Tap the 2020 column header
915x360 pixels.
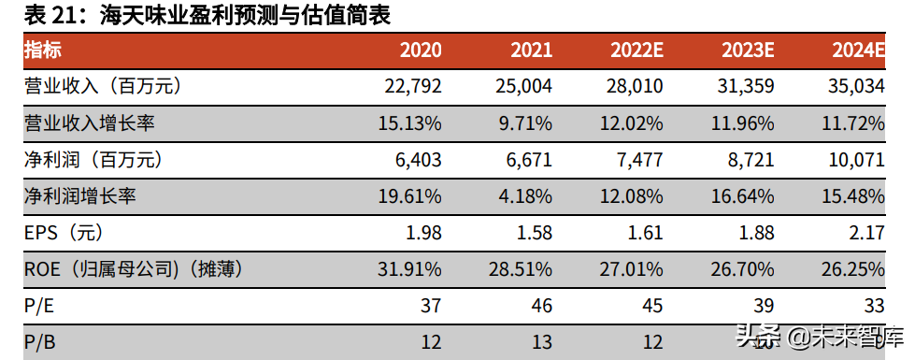coord(420,50)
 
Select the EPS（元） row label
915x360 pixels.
coord(66,233)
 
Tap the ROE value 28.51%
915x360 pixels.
coord(520,269)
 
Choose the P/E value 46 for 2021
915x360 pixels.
coord(540,306)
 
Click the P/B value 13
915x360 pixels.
coord(540,342)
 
